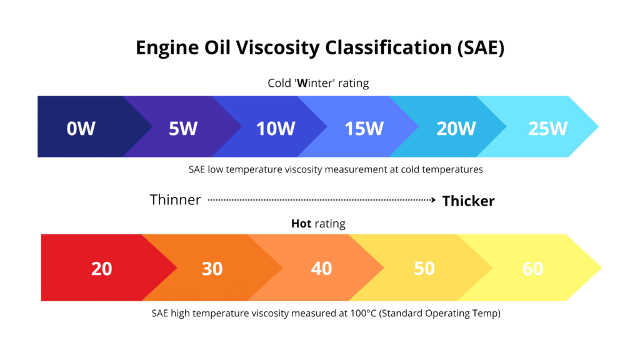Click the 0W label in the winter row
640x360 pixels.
(x=81, y=129)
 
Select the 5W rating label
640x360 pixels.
(x=182, y=129)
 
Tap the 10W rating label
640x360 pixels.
(x=275, y=129)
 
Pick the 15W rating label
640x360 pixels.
(x=364, y=129)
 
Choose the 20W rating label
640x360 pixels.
(x=456, y=129)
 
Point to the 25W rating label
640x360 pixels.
(x=547, y=129)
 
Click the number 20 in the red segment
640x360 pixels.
(x=101, y=269)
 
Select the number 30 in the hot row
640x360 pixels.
(x=212, y=269)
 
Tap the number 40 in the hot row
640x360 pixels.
(x=321, y=269)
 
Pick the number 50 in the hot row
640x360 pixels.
(x=424, y=269)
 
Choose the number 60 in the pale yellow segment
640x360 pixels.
(x=532, y=269)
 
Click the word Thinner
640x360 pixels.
(x=175, y=200)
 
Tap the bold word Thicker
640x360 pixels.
(x=468, y=201)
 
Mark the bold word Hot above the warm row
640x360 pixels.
(x=301, y=223)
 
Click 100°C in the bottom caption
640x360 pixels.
(x=364, y=314)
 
